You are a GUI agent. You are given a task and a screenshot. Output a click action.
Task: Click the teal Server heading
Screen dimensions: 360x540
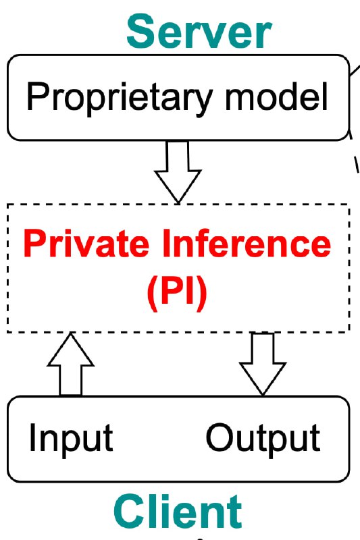tap(199, 32)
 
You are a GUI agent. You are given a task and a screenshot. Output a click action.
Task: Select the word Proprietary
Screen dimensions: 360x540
tap(119, 98)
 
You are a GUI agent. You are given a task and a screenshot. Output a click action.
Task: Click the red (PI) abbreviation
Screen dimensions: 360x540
tap(177, 293)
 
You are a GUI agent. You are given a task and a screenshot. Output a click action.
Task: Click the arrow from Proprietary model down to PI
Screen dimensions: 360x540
tap(178, 172)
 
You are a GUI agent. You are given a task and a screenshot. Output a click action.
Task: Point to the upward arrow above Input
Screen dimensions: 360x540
tap(71, 364)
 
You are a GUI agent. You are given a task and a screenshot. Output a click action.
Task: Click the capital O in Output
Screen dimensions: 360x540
tap(220, 437)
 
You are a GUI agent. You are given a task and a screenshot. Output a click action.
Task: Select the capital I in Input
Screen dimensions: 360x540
tap(32, 437)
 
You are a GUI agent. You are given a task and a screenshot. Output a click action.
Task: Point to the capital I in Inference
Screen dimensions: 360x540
tap(166, 242)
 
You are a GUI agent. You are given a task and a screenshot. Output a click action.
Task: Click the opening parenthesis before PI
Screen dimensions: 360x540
tap(152, 294)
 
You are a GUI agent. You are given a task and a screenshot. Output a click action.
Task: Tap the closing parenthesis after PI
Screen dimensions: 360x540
tap(202, 294)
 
